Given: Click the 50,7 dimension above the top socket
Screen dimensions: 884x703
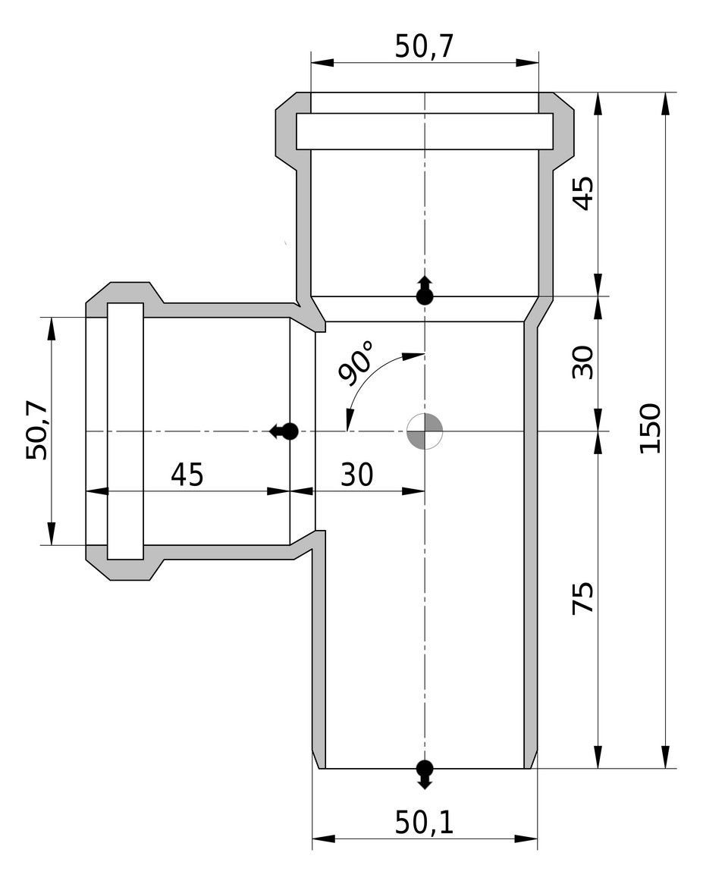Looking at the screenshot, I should (x=424, y=47).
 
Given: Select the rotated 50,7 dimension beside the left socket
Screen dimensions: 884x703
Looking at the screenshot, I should (x=37, y=431).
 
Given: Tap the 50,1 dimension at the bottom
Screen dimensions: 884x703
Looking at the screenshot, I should (x=424, y=823).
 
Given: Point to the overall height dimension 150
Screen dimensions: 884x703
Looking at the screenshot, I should (x=650, y=428).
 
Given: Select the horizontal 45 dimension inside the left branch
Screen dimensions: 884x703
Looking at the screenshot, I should (x=187, y=475).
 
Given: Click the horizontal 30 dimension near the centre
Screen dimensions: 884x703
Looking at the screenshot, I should (x=356, y=475).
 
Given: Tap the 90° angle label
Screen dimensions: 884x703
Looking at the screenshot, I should (x=356, y=363).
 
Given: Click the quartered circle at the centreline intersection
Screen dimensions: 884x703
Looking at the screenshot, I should (x=424, y=431).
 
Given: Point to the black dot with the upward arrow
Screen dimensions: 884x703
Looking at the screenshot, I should (x=425, y=296).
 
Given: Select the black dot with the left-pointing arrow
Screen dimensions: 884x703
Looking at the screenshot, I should (x=289, y=431).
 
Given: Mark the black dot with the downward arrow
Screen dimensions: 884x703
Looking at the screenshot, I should (x=425, y=767).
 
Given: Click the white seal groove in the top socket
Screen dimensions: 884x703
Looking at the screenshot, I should (x=424, y=131).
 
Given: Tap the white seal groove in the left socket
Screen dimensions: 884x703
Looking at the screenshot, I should (x=125, y=431).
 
